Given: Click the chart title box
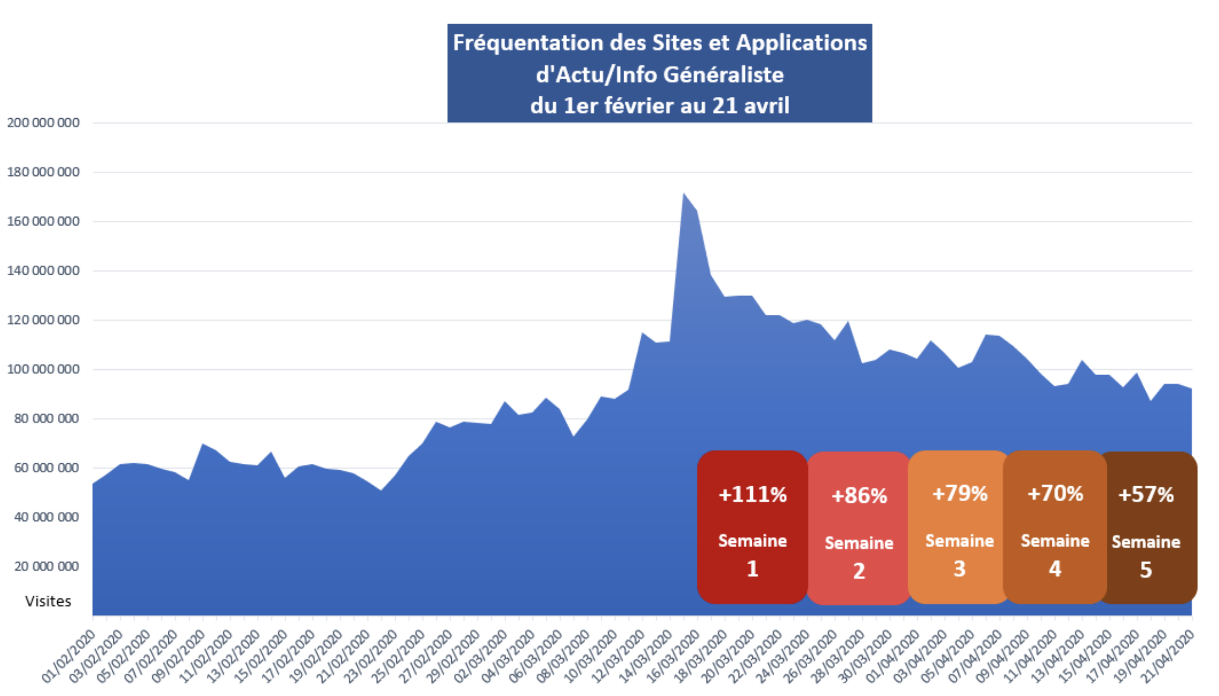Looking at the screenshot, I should (659, 73).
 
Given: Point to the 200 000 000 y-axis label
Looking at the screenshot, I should (43, 123).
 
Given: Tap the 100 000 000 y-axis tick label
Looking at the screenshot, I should (43, 369).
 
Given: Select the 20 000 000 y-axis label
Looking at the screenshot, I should (46, 566).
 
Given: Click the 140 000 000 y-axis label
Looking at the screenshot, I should (43, 271).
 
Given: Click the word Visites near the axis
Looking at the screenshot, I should (48, 601).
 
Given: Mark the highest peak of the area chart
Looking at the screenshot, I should (684, 194).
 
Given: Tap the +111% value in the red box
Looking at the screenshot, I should (752, 495).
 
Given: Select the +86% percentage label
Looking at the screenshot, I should (859, 496).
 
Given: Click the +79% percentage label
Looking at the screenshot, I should (959, 493).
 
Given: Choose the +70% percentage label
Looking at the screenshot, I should (1055, 493).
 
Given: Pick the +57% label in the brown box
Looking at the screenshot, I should (1146, 495).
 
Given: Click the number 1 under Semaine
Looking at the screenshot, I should (752, 568).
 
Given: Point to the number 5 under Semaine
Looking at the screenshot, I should (1146, 570).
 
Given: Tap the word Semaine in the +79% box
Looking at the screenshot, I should (959, 541).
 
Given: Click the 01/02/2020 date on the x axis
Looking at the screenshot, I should (70, 657).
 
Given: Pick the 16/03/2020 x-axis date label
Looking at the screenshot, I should (674, 657).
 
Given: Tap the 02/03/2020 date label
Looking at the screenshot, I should (482, 657).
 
